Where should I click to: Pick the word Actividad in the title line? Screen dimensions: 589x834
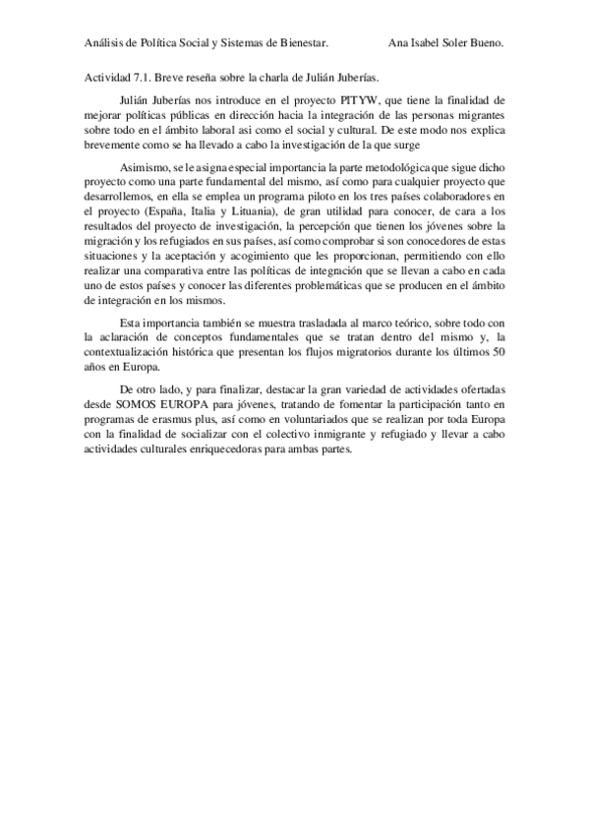[102, 76]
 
